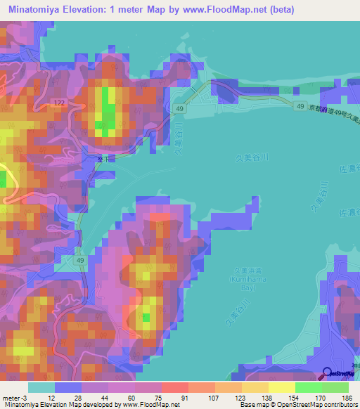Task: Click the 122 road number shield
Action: [58, 103]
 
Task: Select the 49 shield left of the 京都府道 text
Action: [300, 106]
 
